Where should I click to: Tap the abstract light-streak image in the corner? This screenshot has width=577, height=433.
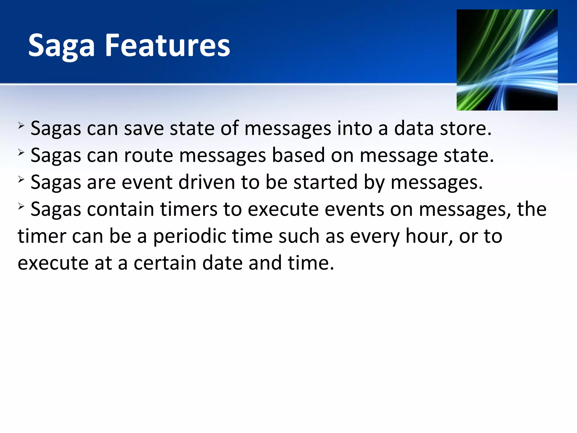tap(507, 60)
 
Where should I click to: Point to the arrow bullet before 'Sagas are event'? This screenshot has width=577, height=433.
tap(21, 179)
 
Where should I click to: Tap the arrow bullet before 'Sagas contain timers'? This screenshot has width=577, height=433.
tap(21, 206)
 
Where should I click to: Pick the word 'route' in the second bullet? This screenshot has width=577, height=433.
tap(148, 156)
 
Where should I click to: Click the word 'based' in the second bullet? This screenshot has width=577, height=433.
tap(298, 156)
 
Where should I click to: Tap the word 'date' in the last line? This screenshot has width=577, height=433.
tap(222, 263)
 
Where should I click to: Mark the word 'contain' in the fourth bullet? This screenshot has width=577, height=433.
tap(120, 209)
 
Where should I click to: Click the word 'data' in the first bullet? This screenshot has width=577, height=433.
tap(414, 129)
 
